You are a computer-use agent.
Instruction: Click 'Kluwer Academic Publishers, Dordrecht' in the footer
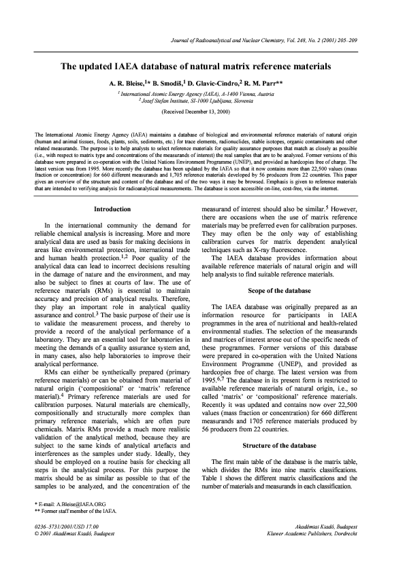(x=319, y=534)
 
